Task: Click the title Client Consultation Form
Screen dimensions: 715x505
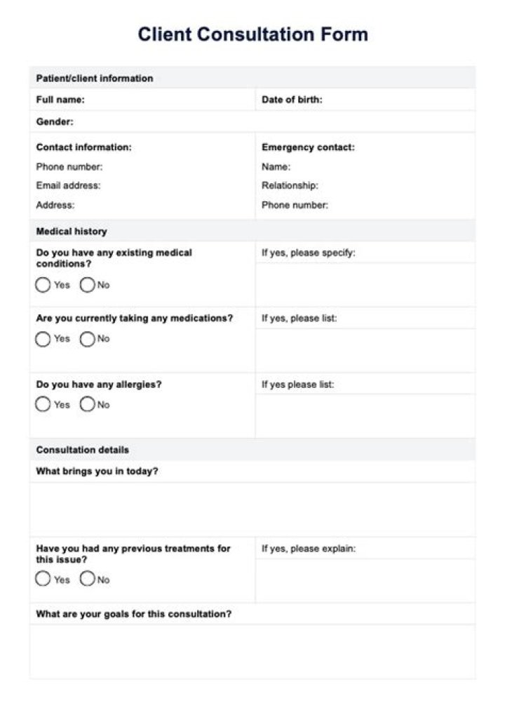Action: [x=252, y=34]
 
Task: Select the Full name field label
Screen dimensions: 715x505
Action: [x=60, y=100]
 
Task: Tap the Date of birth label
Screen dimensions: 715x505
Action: [x=292, y=100]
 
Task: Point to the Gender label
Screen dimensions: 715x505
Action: [x=55, y=122]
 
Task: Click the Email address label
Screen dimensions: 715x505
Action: [x=68, y=186]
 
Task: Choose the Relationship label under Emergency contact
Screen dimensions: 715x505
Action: [x=290, y=186]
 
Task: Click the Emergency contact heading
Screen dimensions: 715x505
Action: [x=308, y=147]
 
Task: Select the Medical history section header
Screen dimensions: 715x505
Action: [x=72, y=231]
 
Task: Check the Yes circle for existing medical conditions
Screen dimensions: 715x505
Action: [x=43, y=285]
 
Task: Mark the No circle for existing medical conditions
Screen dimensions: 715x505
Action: [x=87, y=285]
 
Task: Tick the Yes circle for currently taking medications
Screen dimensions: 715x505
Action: [x=43, y=339]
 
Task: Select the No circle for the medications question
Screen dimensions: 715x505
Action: [x=87, y=339]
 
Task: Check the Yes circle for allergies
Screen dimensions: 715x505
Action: [x=43, y=405]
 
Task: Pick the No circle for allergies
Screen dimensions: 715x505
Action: [x=87, y=405]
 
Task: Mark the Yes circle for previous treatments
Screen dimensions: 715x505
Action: [x=43, y=580]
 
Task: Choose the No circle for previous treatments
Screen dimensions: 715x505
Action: [x=87, y=580]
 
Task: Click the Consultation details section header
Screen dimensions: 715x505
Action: [x=83, y=450]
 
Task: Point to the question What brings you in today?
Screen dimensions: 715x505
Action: [x=97, y=472]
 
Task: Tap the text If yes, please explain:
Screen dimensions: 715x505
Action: [x=309, y=549]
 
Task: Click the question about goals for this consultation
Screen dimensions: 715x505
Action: [x=134, y=614]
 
